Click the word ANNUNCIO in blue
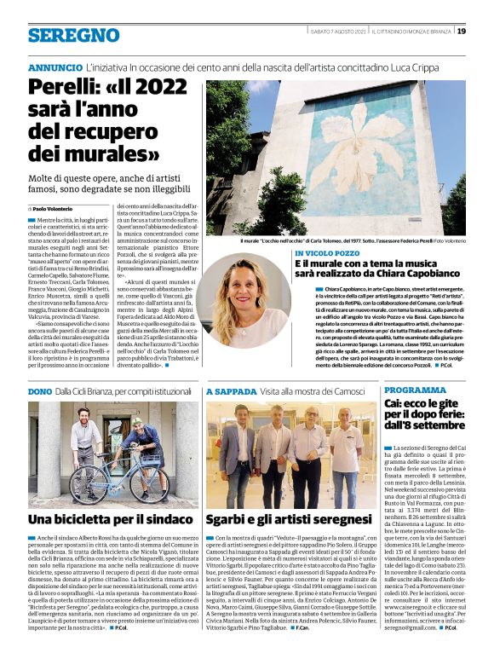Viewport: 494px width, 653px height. [55, 67]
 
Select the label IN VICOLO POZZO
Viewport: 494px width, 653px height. [329, 254]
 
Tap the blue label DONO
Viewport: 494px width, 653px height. [40, 390]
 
